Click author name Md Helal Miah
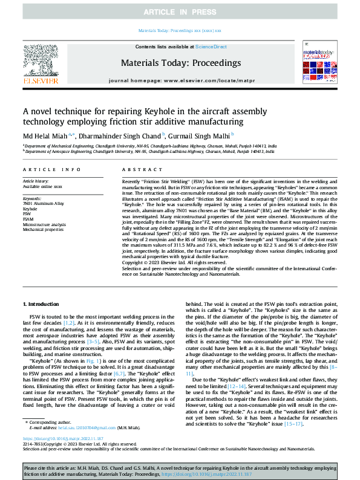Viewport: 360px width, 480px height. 45,135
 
